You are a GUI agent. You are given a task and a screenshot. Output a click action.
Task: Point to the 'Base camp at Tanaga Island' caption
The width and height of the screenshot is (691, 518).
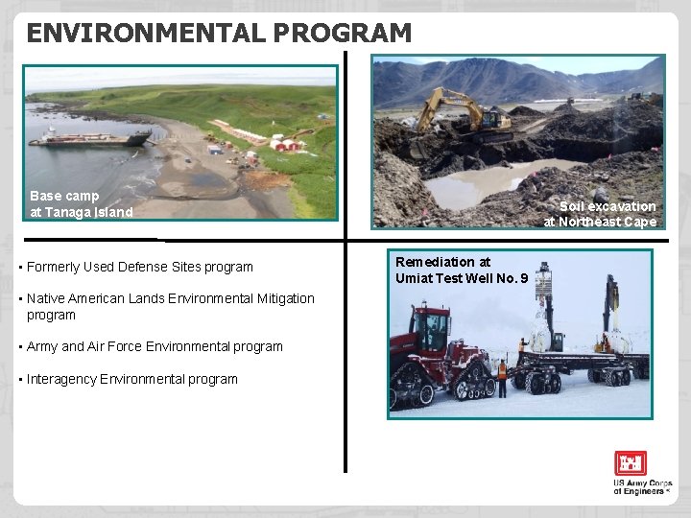coord(82,203)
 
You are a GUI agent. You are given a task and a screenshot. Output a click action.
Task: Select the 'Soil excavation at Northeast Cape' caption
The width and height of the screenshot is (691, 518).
coord(601,214)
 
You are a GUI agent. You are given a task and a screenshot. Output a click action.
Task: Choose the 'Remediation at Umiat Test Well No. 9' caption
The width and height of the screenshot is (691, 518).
coord(461,270)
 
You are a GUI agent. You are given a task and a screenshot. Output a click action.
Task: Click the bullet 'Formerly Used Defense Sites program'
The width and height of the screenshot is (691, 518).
coord(140,267)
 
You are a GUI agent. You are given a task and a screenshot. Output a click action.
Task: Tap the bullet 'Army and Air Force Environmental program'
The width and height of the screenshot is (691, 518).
coord(155,346)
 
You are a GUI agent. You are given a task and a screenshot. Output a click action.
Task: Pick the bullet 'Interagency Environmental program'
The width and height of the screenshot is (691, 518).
coord(132,379)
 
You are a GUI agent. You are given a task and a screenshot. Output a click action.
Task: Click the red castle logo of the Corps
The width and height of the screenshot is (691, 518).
coord(631,463)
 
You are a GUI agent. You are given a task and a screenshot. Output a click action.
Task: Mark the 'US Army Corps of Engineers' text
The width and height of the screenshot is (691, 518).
coord(643,487)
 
